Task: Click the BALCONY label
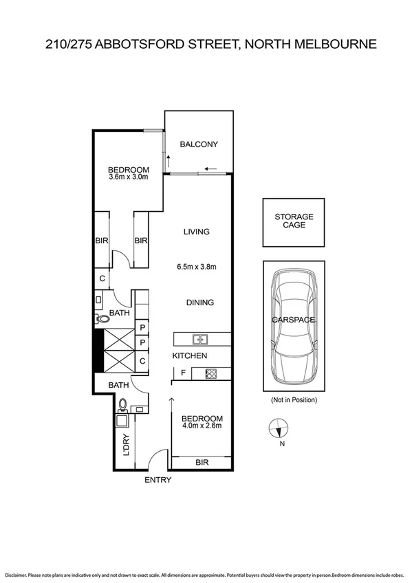pos(199,144)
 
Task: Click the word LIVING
pos(196,232)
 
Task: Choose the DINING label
pos(200,302)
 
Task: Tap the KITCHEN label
pos(189,355)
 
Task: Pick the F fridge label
pos(182,374)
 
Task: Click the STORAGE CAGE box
pos(294,222)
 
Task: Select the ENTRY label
pos(158,480)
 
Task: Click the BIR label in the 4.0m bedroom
pos(202,463)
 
